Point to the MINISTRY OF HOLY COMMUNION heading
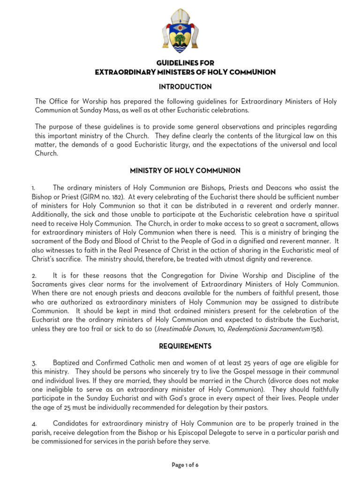(185, 170)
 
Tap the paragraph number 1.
(37, 188)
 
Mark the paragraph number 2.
(37, 276)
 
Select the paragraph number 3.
(37, 363)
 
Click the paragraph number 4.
(37, 424)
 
